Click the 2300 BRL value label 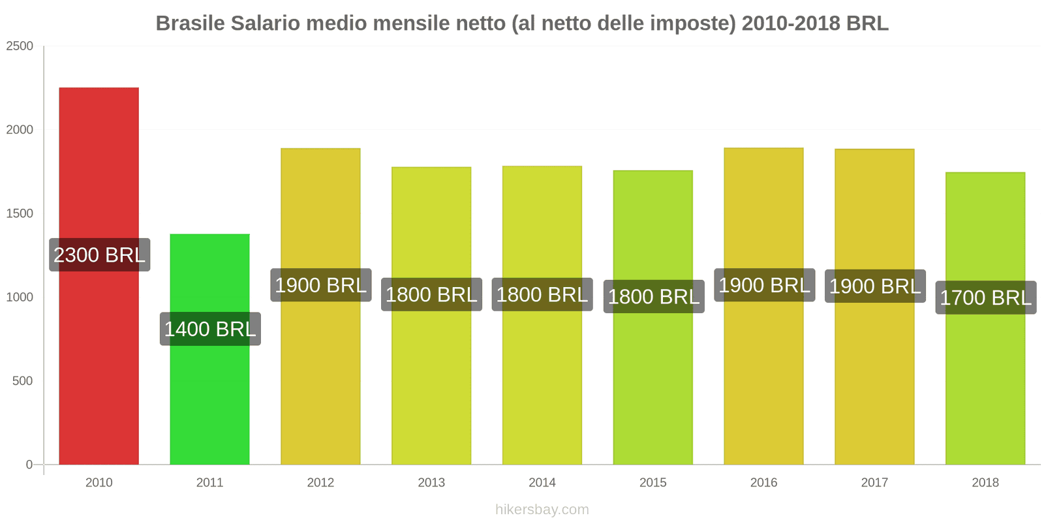point(99,254)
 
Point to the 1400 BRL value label point(210,329)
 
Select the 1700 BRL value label point(985,298)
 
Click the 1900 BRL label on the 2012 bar point(320,285)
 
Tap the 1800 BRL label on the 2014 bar point(542,294)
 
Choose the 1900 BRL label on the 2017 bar point(874,286)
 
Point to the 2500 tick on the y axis point(20,46)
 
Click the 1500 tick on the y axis point(20,213)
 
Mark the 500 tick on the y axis point(22,381)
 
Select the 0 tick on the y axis point(29,465)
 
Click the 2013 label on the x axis point(431,482)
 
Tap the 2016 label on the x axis point(763,482)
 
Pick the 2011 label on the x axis point(209,482)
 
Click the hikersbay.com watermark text point(542,510)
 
